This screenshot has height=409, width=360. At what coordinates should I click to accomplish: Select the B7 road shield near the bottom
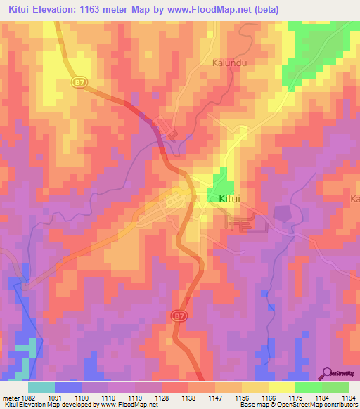[179, 317]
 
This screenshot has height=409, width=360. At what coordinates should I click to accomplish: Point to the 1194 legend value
[348, 397]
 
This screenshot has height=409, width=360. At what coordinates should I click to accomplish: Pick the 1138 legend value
[188, 397]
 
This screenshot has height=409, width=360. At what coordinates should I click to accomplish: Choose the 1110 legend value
[108, 397]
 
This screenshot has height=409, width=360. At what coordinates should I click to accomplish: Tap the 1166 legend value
[268, 397]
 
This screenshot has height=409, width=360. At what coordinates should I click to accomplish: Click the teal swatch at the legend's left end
[41, 387]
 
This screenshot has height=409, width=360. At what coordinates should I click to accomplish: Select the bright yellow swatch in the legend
[281, 387]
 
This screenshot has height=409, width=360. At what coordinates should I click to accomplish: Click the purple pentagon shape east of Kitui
[282, 213]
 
